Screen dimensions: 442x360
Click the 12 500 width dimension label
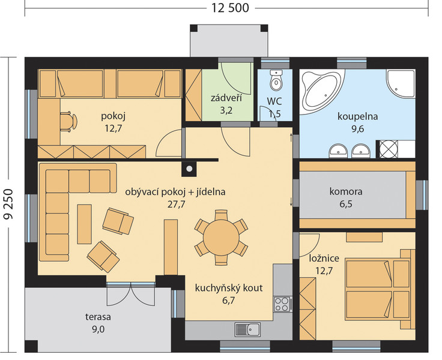point(230,8)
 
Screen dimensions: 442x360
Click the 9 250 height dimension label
point(8,204)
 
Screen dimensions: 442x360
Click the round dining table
point(221,238)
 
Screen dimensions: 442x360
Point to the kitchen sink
point(247,329)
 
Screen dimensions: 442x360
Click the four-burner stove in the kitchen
point(282,304)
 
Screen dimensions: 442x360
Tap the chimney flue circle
point(189,169)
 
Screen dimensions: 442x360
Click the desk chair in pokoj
point(68,121)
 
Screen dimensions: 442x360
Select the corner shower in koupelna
point(401,83)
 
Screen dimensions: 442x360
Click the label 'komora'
point(345,191)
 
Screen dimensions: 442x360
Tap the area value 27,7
point(177,204)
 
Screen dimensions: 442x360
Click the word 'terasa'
point(98,317)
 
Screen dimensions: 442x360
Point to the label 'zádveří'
point(226,98)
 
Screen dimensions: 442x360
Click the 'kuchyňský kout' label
point(229,288)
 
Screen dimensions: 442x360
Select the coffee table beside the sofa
point(84,224)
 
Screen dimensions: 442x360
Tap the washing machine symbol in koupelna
point(388,149)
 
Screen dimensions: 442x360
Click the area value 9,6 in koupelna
point(357,129)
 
